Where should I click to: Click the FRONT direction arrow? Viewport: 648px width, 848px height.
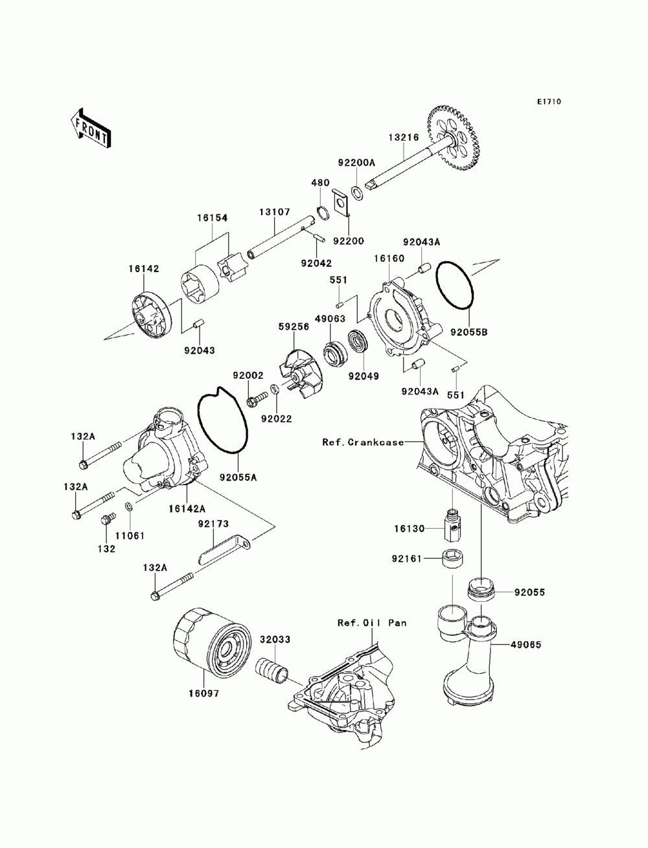point(90,126)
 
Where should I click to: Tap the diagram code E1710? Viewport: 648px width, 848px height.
point(548,102)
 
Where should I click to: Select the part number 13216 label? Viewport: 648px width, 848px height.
point(404,137)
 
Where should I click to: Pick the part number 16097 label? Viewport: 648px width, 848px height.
point(205,693)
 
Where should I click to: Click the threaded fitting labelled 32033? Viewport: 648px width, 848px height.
point(272,669)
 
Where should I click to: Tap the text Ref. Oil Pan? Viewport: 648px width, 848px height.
point(372,623)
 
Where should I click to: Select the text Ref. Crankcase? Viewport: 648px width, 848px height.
point(363,442)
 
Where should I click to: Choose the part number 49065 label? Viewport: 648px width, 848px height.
point(526,645)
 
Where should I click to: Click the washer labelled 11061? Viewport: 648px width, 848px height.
point(130,506)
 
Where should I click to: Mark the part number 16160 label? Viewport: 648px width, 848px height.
point(388,258)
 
